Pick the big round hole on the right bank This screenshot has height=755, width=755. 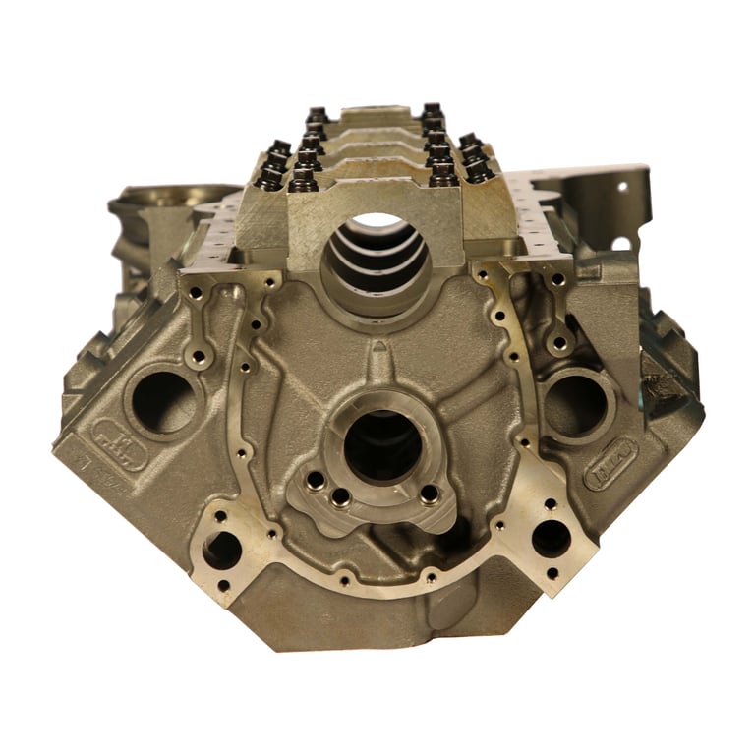573,403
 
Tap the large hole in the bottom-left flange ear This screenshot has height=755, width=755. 223,549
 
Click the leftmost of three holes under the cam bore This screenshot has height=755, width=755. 316,481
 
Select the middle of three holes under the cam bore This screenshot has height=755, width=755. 340,496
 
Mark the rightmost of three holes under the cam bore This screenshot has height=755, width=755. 430,494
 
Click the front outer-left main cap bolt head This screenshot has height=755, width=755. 270,175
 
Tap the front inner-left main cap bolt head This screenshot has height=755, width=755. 304,178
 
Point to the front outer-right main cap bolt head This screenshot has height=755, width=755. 479,169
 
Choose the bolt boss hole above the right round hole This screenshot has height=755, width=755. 560,343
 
